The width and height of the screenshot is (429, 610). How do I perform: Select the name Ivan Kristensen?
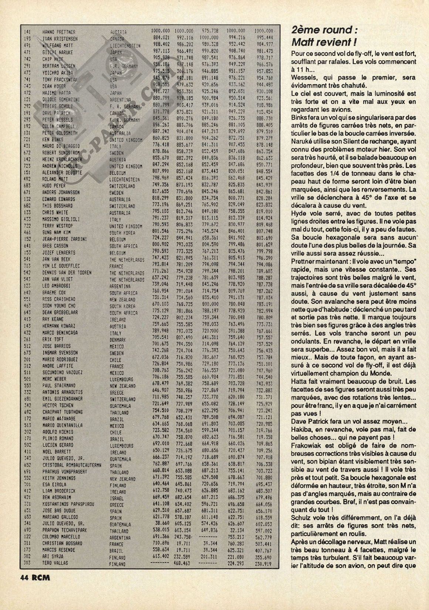(x=60, y=39)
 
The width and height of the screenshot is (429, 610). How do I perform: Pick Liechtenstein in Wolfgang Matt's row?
(x=125, y=46)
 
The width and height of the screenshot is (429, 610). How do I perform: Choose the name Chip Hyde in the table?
(x=53, y=59)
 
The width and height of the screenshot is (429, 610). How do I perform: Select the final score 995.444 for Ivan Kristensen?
(x=264, y=38)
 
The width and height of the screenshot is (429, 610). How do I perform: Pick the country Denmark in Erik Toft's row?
(x=118, y=339)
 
